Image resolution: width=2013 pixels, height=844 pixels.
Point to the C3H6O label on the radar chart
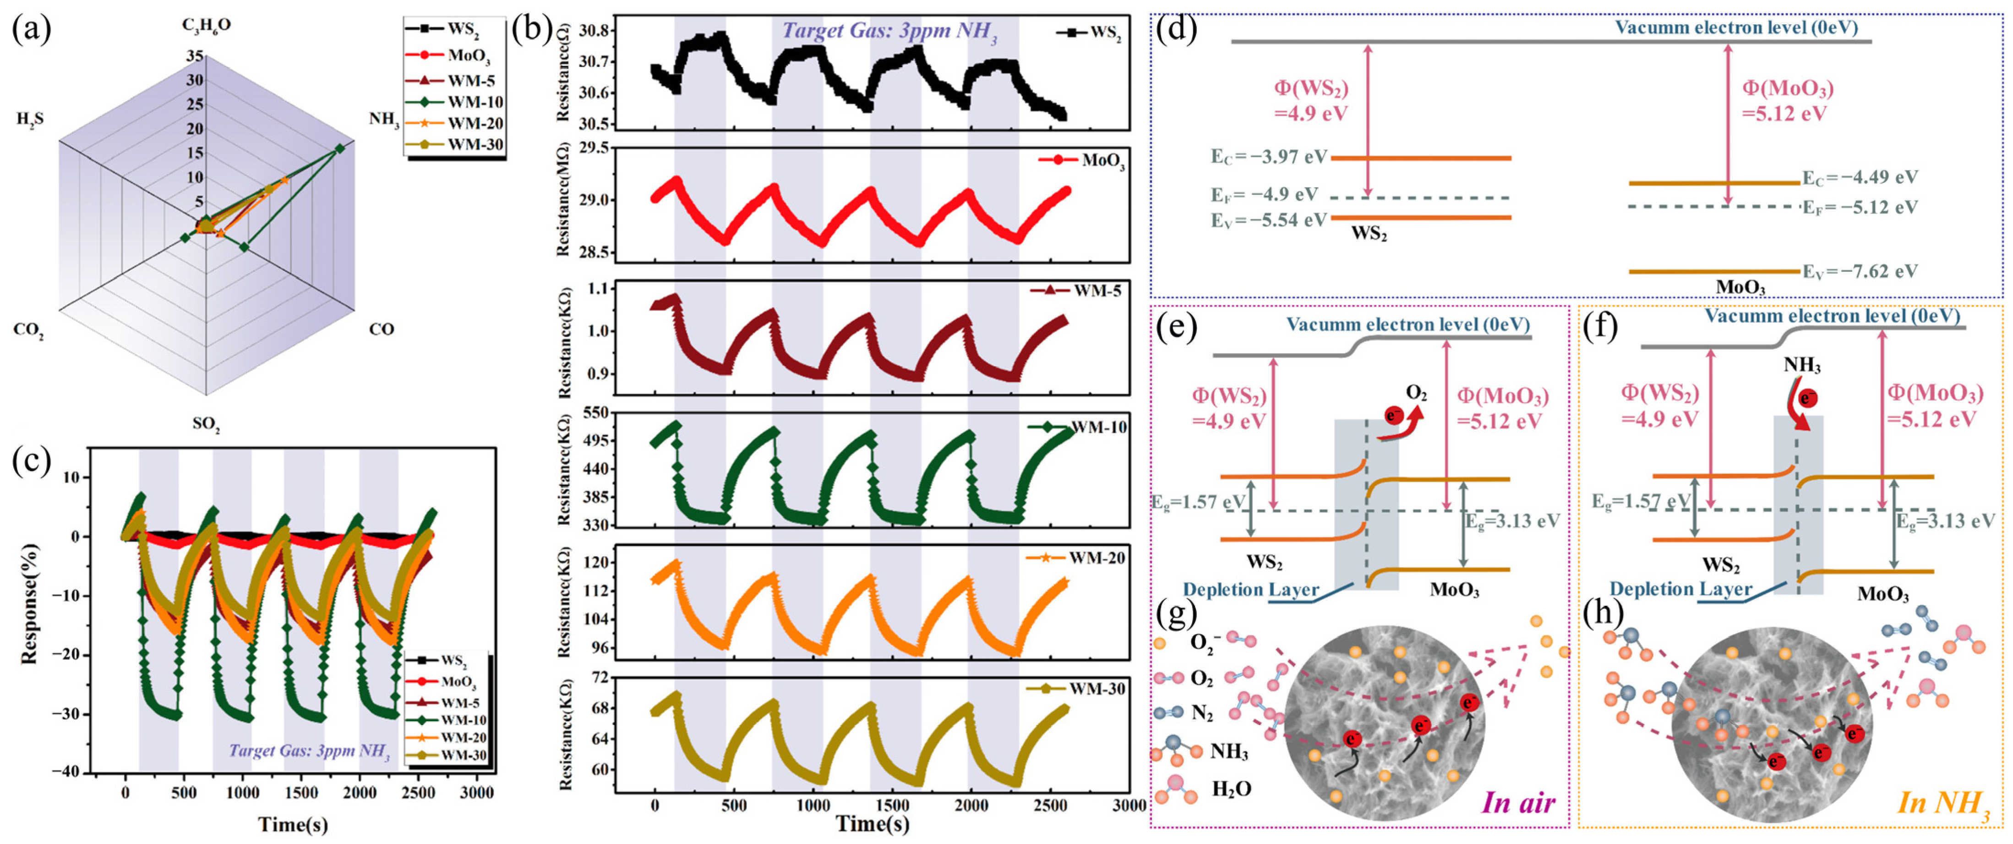click(x=206, y=25)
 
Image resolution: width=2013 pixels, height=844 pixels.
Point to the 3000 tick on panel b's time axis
click(x=1129, y=806)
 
